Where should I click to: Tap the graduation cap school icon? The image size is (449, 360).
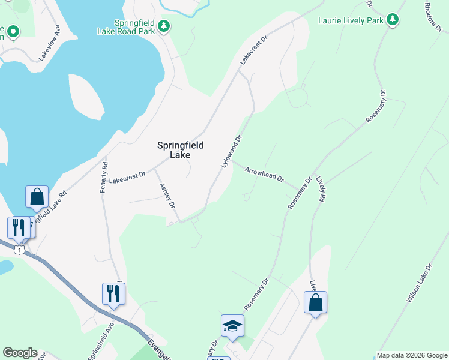233,326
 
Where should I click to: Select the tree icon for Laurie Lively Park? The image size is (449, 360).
393,20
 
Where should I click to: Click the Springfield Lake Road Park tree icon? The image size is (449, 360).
164,26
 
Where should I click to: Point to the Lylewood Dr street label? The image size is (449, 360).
231,151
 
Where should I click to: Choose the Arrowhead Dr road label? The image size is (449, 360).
264,175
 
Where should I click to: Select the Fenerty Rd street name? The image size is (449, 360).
104,178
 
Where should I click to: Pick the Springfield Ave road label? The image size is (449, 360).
100,343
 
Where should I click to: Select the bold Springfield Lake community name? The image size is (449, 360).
180,150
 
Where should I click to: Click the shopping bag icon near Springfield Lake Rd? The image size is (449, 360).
37,196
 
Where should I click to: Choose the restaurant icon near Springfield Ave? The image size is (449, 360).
113,293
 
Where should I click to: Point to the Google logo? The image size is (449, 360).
20,353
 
